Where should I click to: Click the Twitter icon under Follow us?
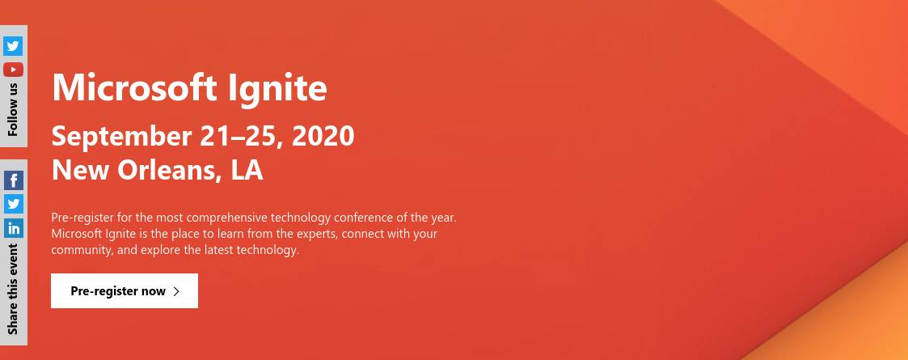[13, 46]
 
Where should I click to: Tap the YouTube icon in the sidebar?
[13, 70]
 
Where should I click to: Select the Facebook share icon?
[13, 180]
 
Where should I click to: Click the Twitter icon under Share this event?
[13, 204]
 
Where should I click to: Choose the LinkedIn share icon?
[13, 228]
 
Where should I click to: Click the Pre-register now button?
[125, 291]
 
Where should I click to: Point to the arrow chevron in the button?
[176, 291]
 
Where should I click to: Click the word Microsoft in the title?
[134, 88]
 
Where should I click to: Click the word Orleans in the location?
[167, 171]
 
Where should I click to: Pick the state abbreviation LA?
[247, 170]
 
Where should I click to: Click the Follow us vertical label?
[13, 109]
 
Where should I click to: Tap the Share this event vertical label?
[13, 289]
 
